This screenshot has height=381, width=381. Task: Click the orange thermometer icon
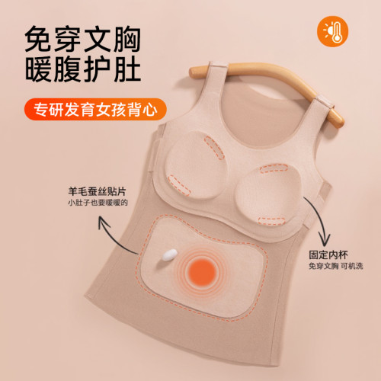[x=332, y=31]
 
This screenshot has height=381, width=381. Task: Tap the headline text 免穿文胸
[x=83, y=40]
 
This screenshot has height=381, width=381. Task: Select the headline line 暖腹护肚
[x=83, y=69]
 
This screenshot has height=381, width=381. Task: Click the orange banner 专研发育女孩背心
[x=95, y=110]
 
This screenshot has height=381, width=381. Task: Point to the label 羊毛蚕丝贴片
[x=97, y=191]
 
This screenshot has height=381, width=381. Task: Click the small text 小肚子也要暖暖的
[x=98, y=203]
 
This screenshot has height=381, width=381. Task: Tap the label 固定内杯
[x=328, y=255]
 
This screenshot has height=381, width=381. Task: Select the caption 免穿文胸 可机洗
[x=336, y=266]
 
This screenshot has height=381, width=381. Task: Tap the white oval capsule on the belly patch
[x=169, y=255]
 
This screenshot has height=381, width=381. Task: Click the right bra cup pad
[x=267, y=194]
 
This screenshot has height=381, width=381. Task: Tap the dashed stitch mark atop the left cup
[x=214, y=148]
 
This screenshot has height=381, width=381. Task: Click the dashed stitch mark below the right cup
[x=272, y=221]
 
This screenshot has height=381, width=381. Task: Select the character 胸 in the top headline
[x=127, y=40]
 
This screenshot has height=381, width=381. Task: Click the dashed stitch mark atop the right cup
[x=274, y=168]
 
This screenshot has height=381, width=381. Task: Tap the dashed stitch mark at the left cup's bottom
[x=179, y=185]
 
